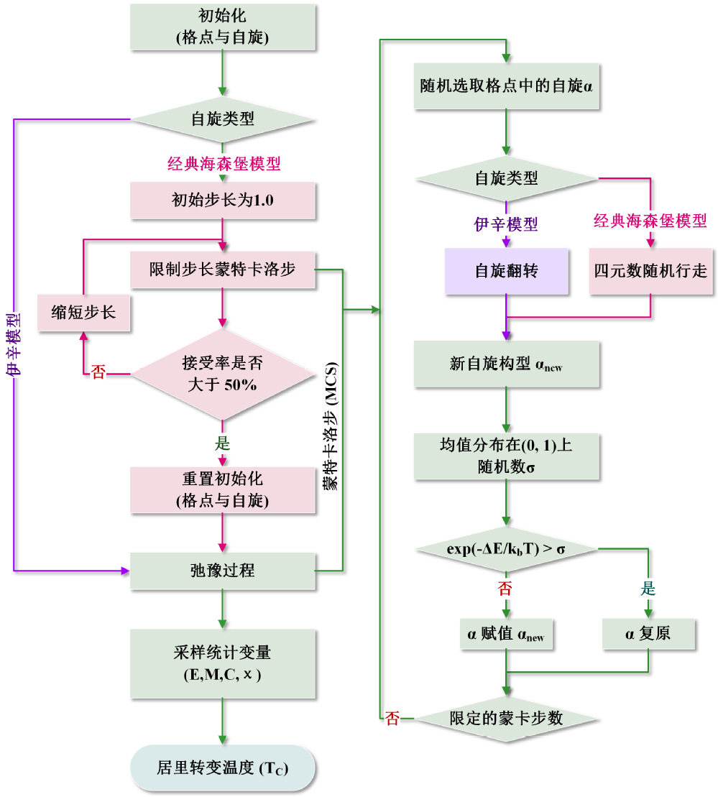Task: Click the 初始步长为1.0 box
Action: tap(223, 200)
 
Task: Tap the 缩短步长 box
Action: tap(83, 313)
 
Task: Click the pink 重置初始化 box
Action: tap(223, 491)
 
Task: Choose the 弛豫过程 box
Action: tap(223, 571)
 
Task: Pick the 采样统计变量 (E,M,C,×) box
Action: tap(223, 664)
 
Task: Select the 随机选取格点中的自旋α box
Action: tap(507, 87)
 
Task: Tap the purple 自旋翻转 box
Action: tap(506, 272)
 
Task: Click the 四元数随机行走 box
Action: tap(650, 272)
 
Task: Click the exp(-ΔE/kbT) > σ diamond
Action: tap(507, 548)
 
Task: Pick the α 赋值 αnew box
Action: tap(507, 636)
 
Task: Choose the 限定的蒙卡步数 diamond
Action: tap(507, 718)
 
